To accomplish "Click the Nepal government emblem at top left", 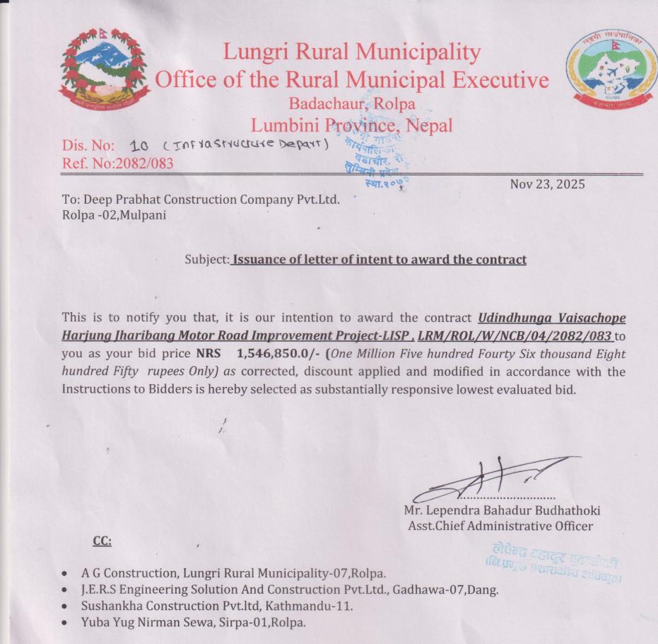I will coord(104,69).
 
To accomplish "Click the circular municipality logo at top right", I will coord(612,69).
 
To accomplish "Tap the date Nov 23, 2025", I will coord(547,185).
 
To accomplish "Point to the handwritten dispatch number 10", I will coord(139,146).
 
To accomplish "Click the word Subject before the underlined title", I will coord(206,260).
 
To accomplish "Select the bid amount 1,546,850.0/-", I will coord(277,354).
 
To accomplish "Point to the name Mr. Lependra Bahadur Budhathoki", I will coord(502,510).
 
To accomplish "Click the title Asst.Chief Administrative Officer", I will coord(500,526).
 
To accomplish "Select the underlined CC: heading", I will coord(102,541).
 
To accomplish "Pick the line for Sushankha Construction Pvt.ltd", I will coord(216,606).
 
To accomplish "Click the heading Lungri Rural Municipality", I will coord(351,52).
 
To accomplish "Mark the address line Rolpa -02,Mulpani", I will coord(114,215).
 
